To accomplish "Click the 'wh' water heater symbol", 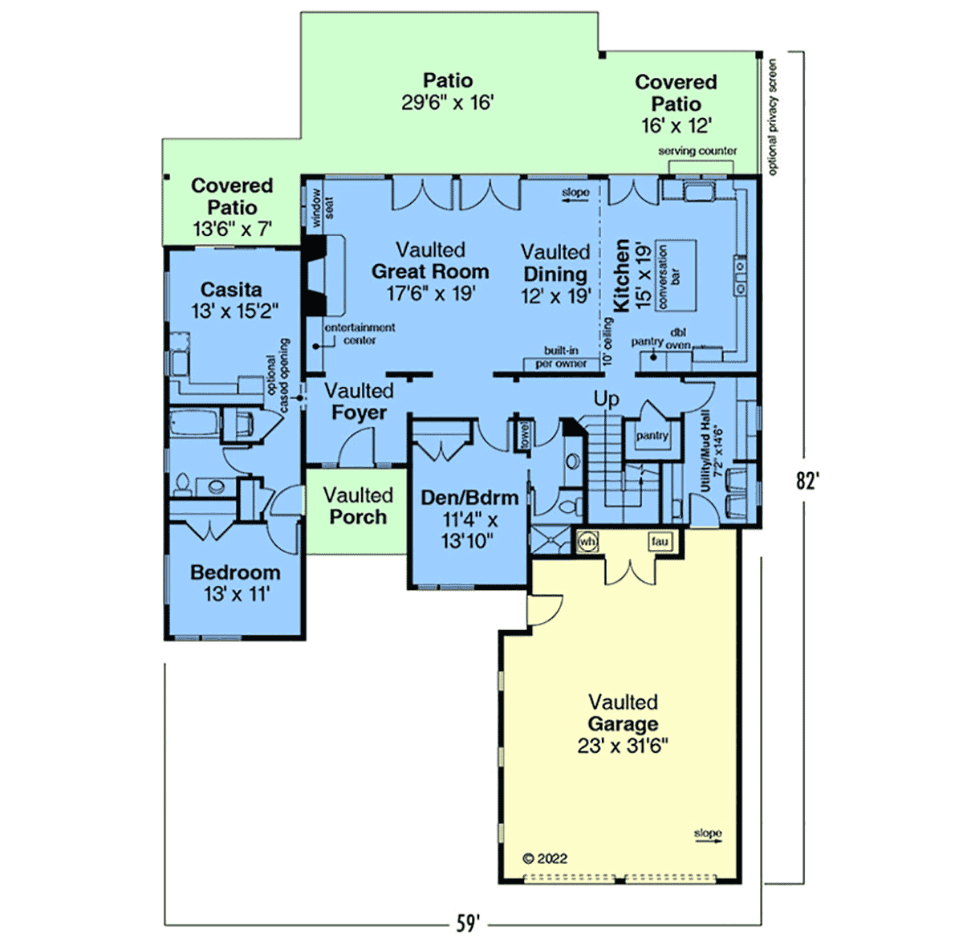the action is click(x=587, y=542).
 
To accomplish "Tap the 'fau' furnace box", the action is click(x=660, y=541).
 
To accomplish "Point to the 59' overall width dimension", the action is click(x=468, y=923).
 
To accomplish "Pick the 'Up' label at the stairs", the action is click(x=606, y=399).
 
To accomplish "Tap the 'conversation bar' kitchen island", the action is click(x=676, y=276).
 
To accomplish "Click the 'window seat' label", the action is click(x=323, y=207).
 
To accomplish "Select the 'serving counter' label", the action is click(x=697, y=150).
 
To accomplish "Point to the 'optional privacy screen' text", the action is click(x=772, y=117).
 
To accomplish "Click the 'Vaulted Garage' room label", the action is click(x=623, y=713).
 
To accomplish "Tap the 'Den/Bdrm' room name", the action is click(x=469, y=498).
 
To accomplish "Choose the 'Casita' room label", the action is click(x=231, y=290).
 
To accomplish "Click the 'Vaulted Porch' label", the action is click(x=358, y=506).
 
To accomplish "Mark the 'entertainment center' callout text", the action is click(x=360, y=334).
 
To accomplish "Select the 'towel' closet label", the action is click(x=525, y=435).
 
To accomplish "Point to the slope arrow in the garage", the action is click(x=708, y=841).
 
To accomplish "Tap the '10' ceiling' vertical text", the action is click(x=607, y=341).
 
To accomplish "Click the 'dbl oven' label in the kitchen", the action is click(x=678, y=339).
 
